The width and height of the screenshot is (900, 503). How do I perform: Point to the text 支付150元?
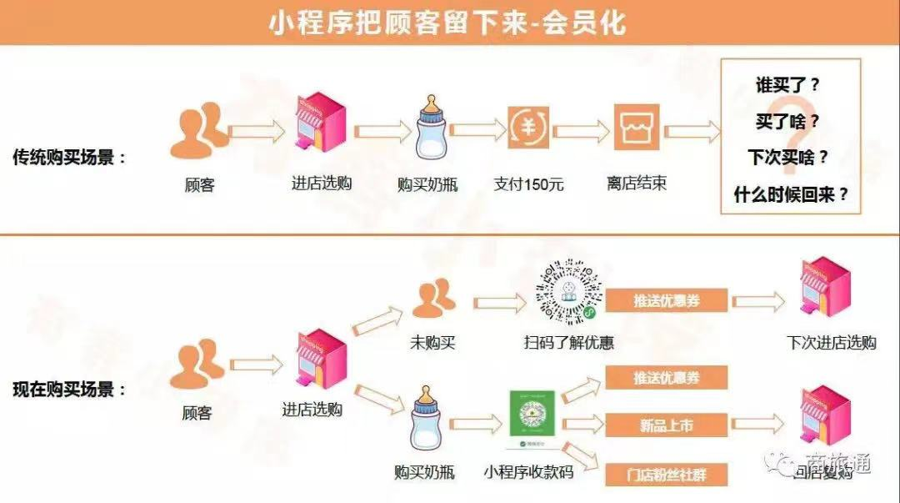click(528, 184)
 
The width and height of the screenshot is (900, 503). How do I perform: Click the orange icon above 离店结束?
click(637, 128)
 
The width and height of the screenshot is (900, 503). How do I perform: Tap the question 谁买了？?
click(787, 85)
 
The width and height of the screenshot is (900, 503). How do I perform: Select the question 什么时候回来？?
click(791, 194)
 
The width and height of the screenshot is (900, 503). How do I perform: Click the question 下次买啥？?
click(787, 158)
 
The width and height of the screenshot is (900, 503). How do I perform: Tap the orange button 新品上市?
click(667, 425)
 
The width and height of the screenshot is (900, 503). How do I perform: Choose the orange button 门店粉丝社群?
click(667, 474)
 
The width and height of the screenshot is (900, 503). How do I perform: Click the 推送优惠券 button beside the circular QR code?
click(667, 300)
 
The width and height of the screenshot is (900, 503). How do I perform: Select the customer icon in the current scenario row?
click(197, 367)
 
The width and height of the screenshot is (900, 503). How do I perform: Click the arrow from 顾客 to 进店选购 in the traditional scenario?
click(256, 132)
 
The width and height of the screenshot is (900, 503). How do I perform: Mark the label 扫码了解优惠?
click(569, 342)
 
